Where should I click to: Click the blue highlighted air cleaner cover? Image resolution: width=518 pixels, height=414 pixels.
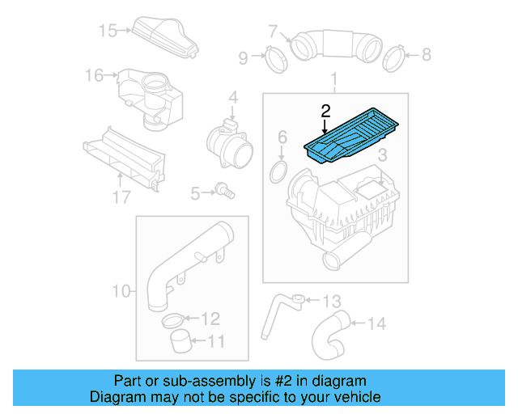pos(355,135)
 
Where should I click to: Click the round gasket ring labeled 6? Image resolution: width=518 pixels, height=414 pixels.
pos(278,171)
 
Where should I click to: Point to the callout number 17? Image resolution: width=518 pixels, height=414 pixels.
pos(121,197)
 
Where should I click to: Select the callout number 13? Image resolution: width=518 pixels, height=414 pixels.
pos(333,302)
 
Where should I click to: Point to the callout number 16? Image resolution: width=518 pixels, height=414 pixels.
pos(95,75)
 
